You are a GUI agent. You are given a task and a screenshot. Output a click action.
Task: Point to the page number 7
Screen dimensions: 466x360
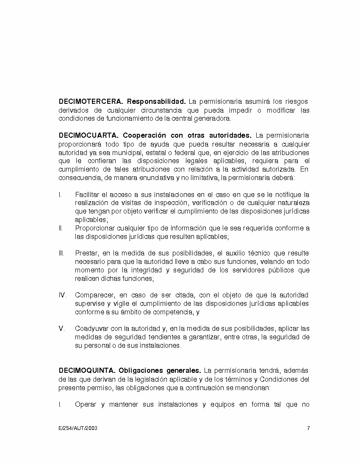click(x=308, y=428)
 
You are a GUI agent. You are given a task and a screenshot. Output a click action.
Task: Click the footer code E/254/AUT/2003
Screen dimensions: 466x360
click(x=78, y=428)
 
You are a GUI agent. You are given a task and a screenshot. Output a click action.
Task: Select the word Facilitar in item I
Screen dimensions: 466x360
click(x=87, y=195)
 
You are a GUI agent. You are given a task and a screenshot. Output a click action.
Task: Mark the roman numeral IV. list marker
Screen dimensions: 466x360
click(x=62, y=295)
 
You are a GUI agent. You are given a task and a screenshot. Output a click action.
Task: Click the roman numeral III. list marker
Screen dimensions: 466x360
click(x=61, y=253)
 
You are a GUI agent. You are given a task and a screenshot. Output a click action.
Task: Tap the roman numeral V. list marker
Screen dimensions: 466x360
click(x=61, y=329)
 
